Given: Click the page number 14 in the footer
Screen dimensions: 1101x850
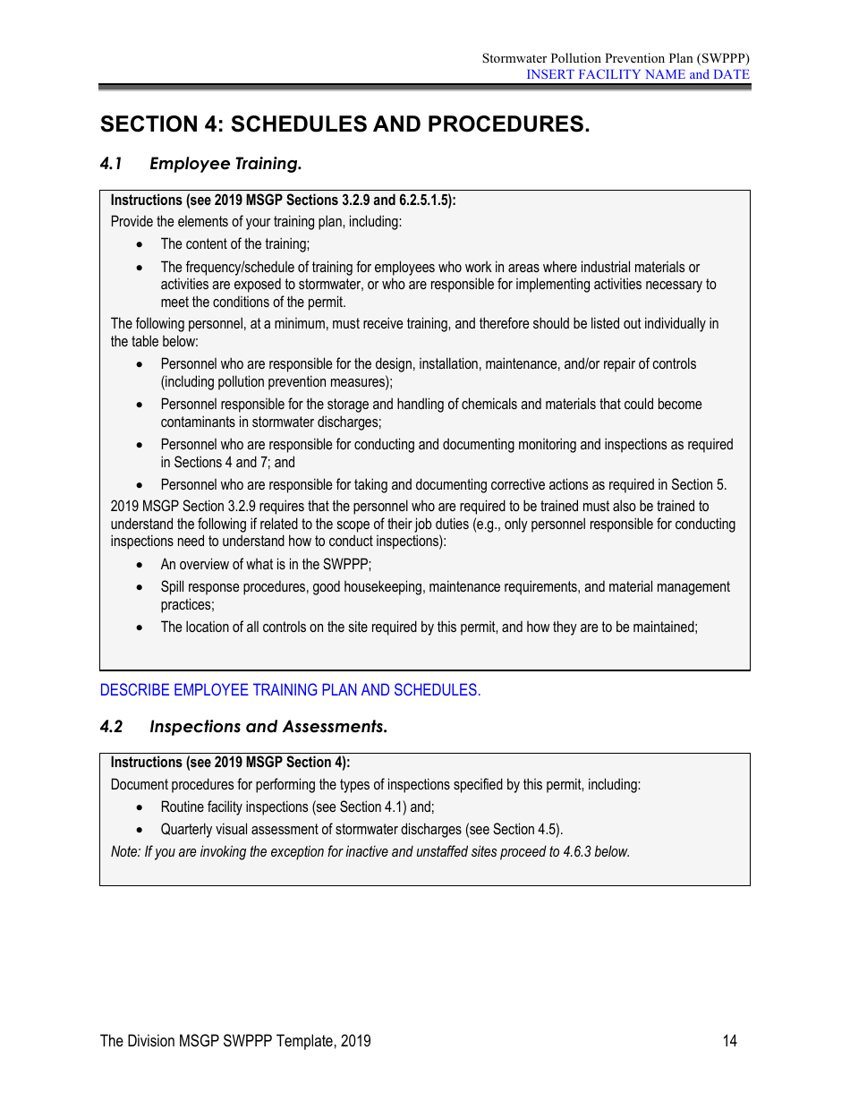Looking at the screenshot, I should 730,1040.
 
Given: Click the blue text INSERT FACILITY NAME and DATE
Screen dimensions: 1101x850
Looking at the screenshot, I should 637,74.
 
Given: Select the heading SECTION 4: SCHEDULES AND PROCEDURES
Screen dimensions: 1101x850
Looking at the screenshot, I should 344,124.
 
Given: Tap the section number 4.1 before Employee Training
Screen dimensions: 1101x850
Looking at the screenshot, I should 111,164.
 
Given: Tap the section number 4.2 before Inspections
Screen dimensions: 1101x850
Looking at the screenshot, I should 111,727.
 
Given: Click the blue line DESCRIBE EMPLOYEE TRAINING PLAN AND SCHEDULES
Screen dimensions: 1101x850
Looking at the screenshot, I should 290,690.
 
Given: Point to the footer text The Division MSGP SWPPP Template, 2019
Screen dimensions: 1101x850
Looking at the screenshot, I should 235,1040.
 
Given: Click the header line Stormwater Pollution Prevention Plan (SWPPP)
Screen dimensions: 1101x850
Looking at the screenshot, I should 616,58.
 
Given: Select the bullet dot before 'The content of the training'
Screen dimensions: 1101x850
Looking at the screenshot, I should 139,244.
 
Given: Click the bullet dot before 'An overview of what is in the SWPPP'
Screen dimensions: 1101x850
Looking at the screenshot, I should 139,565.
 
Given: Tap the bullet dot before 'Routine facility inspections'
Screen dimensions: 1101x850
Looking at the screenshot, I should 139,807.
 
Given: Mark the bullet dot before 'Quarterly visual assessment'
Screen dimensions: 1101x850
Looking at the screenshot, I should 139,830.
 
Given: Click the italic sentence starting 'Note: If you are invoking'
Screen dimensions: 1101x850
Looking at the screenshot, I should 370,851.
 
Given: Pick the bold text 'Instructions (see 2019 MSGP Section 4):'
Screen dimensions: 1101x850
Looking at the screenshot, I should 230,763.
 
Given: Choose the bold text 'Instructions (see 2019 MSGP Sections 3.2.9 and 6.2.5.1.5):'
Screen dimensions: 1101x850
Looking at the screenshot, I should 283,201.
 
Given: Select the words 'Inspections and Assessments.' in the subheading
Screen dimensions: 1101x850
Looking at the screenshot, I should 268,727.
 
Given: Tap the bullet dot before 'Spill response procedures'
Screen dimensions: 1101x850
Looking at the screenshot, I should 139,587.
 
